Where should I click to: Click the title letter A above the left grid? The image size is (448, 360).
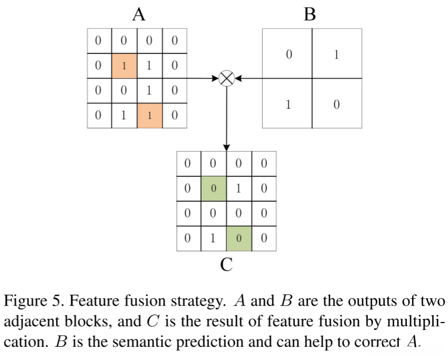click(139, 14)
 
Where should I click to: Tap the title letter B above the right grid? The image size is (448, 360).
click(310, 14)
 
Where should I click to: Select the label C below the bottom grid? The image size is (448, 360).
click(226, 264)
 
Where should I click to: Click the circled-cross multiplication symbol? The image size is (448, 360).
click(226, 78)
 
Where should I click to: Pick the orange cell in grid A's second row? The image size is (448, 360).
click(125, 65)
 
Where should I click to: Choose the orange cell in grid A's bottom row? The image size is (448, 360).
click(150, 116)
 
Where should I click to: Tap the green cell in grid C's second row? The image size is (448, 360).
click(214, 188)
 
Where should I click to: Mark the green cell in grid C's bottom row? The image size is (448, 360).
click(239, 239)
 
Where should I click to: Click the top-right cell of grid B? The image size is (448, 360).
click(337, 53)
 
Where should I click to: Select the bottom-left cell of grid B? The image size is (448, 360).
click(287, 103)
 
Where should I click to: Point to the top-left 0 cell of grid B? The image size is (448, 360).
click(287, 53)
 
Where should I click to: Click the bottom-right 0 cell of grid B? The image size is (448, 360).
click(337, 103)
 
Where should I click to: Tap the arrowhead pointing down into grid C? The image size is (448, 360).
click(226, 147)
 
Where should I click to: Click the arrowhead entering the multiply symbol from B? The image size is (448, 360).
click(239, 78)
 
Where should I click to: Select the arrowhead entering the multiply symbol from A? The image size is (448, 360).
click(215, 78)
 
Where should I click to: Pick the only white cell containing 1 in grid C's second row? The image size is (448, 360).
click(239, 188)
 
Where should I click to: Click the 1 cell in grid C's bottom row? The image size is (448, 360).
click(214, 239)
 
